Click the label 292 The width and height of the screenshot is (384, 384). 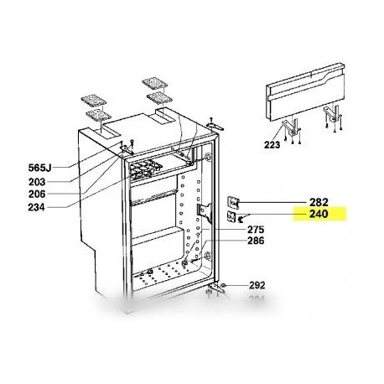tap(257, 285)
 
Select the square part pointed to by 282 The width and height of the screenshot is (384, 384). tap(236, 201)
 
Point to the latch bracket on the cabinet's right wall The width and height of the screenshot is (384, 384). tap(202, 215)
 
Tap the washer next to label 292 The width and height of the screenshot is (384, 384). tap(223, 287)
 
